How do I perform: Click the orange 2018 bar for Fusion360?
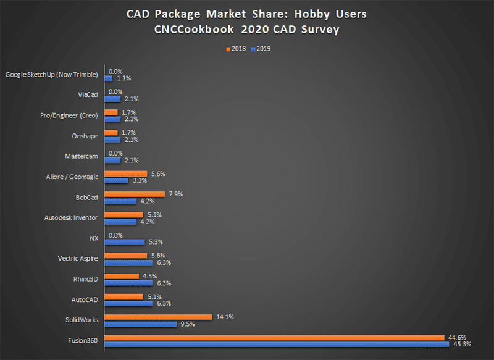click(x=274, y=337)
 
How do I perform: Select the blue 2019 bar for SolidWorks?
click(x=140, y=324)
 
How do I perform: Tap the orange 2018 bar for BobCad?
click(x=135, y=194)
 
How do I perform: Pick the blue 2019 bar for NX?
click(x=124, y=241)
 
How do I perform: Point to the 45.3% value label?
click(x=462, y=344)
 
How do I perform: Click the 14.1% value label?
click(x=224, y=316)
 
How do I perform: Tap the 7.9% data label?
click(x=177, y=194)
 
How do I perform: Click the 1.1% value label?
click(x=124, y=78)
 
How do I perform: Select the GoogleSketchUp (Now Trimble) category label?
click(x=51, y=75)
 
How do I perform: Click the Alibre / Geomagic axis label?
click(x=72, y=177)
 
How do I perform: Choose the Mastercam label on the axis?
click(x=81, y=156)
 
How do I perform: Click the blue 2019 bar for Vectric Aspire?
click(x=128, y=262)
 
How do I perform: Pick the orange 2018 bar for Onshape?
click(x=111, y=133)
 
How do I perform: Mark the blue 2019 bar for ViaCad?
click(x=112, y=99)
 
